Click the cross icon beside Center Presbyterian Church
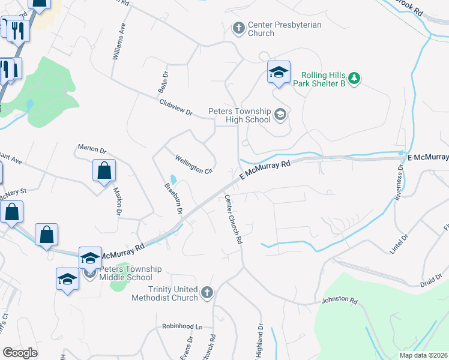pyautogui.click(x=238, y=28)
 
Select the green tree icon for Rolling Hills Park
pyautogui.click(x=354, y=77)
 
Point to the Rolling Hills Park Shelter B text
pyautogui.click(x=319, y=79)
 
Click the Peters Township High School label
pyautogui.click(x=240, y=115)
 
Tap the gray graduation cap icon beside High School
pyautogui.click(x=280, y=113)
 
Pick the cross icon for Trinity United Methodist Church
pyautogui.click(x=206, y=293)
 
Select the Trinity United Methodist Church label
pyautogui.click(x=164, y=293)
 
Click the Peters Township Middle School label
pyautogui.click(x=126, y=273)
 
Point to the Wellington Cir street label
pyautogui.click(x=194, y=164)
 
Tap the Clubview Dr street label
pyautogui.click(x=176, y=108)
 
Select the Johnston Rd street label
pyautogui.click(x=340, y=299)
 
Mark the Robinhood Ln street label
pyautogui.click(x=182, y=326)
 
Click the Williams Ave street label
pyautogui.click(x=118, y=43)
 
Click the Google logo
pyautogui.click(x=20, y=352)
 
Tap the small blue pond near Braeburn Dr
pyautogui.click(x=173, y=179)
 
